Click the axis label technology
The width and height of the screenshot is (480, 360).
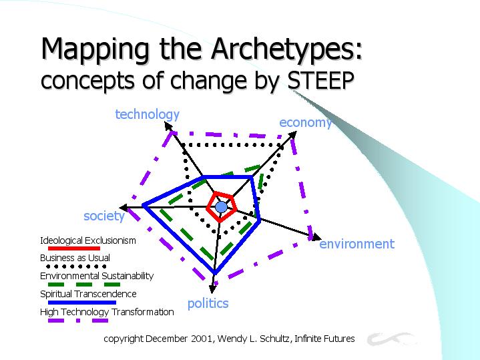(148, 115)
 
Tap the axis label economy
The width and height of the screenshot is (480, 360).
(306, 122)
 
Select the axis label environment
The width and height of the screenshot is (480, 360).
(357, 244)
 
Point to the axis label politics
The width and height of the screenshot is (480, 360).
(208, 304)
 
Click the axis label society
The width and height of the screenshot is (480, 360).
(104, 216)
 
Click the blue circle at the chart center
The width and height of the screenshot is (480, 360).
(222, 207)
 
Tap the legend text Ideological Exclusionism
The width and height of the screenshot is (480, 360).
(88, 241)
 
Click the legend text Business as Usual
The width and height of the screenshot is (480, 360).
(75, 258)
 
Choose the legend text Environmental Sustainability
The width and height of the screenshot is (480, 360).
(97, 276)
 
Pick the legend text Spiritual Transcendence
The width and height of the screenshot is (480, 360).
(88, 294)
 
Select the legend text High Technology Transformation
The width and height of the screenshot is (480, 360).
(107, 312)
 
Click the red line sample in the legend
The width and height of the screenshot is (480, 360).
(74, 248)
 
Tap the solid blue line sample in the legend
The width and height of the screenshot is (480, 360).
(82, 303)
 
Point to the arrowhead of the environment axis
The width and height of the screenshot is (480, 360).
(317, 238)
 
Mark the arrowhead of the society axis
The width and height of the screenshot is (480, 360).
(124, 208)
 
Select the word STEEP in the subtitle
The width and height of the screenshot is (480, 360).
(321, 80)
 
